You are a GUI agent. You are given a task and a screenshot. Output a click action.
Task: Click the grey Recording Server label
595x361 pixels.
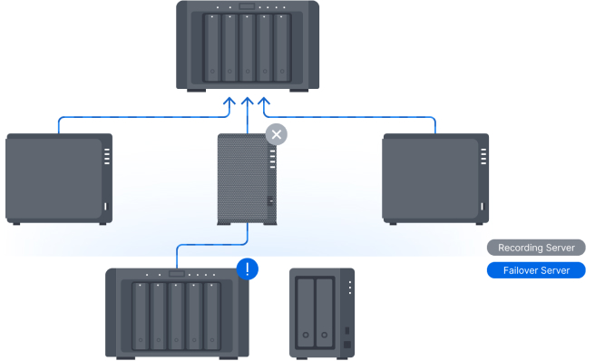(536, 248)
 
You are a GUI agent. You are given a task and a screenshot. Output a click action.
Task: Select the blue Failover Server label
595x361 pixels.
(536, 270)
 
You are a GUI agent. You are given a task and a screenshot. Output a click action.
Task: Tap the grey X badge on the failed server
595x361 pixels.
(277, 134)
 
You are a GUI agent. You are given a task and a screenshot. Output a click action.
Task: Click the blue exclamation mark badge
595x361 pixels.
(248, 269)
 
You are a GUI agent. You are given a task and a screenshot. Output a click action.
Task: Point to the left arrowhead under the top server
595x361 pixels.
(229, 102)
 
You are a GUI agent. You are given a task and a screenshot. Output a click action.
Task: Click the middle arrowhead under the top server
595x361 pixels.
(248, 102)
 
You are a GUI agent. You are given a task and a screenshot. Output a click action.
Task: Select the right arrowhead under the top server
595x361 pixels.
(264, 102)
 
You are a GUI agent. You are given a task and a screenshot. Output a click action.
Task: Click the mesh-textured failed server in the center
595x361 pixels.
(247, 180)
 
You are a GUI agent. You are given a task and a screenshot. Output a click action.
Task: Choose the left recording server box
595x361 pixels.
(59, 179)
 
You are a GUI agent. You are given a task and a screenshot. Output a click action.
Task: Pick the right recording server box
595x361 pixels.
(435, 179)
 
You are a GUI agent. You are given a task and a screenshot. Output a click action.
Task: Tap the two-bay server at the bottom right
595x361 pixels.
(322, 314)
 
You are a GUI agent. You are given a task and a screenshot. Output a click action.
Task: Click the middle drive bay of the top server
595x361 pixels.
(247, 48)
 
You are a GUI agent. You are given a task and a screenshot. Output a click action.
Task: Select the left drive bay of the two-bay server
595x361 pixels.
(306, 314)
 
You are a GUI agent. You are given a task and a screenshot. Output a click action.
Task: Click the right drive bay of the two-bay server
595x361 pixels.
(325, 314)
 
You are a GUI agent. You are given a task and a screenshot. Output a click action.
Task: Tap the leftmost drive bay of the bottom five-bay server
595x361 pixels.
(140, 317)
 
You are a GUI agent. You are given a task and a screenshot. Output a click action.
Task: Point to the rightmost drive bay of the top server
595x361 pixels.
(282, 48)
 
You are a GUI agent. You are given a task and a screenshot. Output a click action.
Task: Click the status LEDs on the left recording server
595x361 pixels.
(107, 156)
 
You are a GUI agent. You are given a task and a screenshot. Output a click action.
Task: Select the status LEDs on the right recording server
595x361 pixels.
(483, 156)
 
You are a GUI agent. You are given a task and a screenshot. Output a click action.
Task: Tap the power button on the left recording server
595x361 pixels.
(106, 207)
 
